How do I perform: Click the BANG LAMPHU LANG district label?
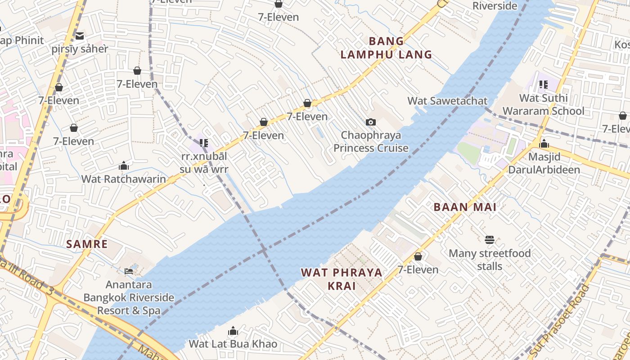click(x=386, y=48)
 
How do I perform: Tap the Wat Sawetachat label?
click(x=447, y=101)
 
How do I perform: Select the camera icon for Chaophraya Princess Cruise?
click(x=371, y=122)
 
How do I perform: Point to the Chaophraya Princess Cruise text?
click(x=371, y=141)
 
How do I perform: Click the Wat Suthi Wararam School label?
click(x=543, y=104)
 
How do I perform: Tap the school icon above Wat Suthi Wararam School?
click(x=544, y=84)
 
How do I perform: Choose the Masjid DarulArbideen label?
click(x=544, y=163)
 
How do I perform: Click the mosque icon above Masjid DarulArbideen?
click(x=544, y=144)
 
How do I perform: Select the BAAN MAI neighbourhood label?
click(x=465, y=207)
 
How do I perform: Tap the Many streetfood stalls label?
click(x=490, y=260)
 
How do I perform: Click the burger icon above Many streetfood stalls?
click(x=490, y=240)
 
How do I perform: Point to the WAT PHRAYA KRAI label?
click(x=342, y=279)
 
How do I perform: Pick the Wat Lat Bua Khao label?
click(x=233, y=344)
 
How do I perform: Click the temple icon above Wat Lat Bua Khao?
click(x=233, y=332)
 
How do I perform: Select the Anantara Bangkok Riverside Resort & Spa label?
click(x=129, y=297)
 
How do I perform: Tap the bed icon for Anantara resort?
click(x=129, y=271)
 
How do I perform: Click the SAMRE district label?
click(x=87, y=244)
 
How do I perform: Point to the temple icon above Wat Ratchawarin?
click(x=124, y=166)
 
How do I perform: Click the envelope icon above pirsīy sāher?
click(x=80, y=36)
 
